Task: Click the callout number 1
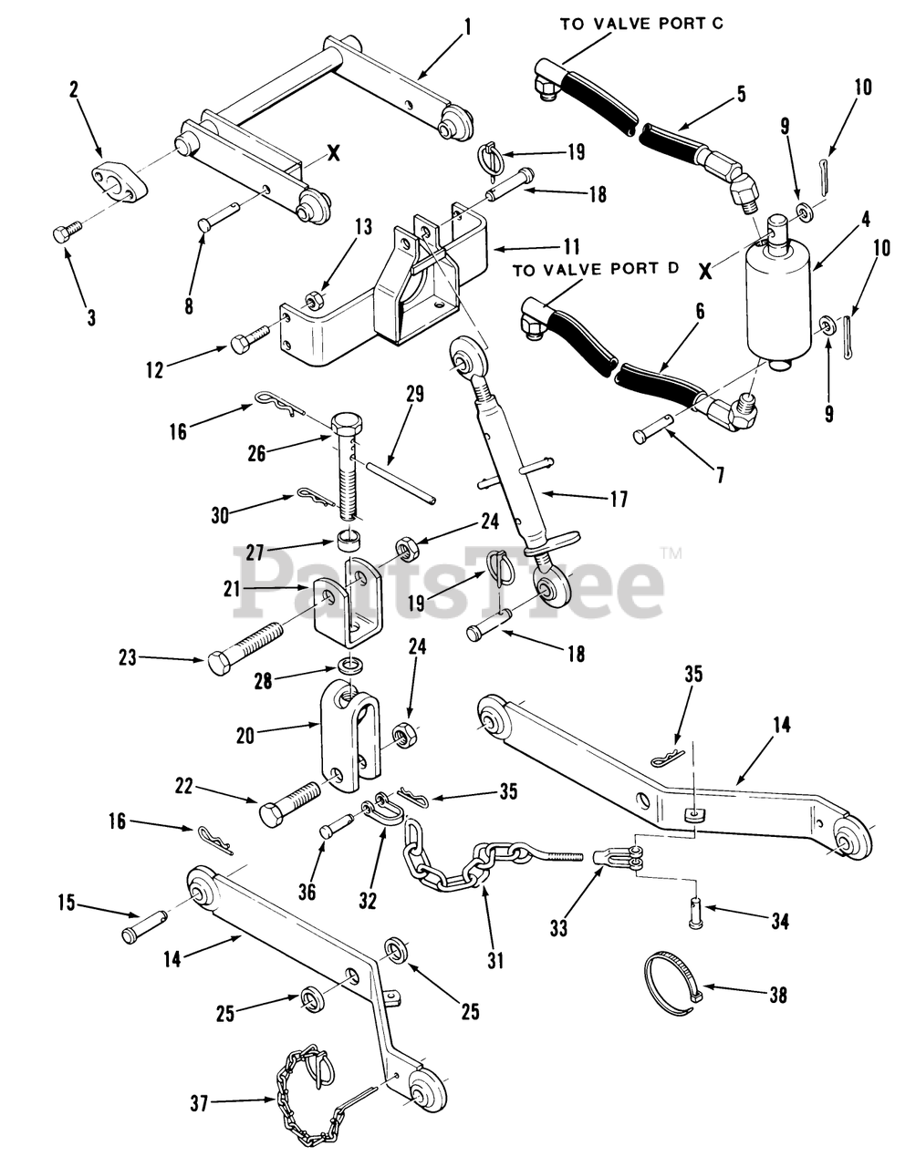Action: click(469, 27)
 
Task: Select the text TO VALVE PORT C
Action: click(641, 24)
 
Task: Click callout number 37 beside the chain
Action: click(199, 1104)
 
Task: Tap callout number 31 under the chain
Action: click(494, 960)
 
